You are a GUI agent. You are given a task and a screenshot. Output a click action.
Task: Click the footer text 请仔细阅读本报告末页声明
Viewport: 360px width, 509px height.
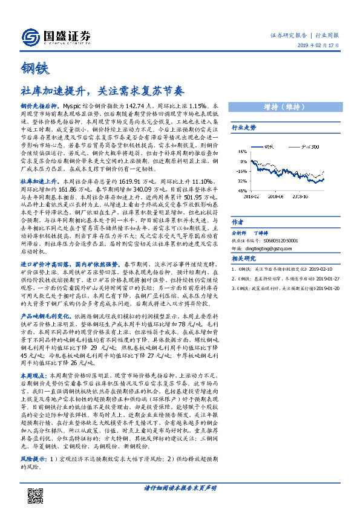(x=180, y=488)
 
